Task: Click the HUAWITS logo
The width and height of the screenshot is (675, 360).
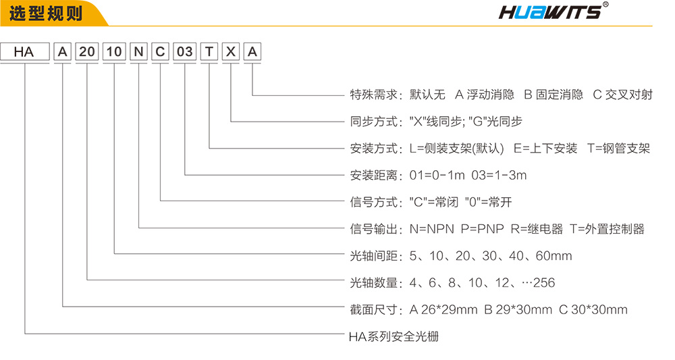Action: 553,11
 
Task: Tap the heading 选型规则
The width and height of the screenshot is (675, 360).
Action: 46,14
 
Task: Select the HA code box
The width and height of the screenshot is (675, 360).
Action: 24,52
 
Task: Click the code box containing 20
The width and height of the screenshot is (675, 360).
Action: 87,52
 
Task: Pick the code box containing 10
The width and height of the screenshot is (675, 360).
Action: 114,52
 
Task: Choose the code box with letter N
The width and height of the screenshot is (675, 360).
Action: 138,52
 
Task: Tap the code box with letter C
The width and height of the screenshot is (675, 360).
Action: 160,52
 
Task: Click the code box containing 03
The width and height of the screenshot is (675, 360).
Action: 185,52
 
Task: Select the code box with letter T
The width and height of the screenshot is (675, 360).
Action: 209,52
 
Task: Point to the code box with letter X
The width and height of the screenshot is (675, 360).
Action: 231,52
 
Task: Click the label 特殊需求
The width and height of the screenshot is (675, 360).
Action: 373,95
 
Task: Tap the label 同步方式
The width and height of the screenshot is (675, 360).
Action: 373,122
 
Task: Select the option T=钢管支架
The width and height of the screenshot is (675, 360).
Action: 618,149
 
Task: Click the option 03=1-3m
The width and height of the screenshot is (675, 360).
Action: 499,175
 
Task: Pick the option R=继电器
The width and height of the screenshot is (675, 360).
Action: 537,229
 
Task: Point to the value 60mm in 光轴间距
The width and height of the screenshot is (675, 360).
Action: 553,256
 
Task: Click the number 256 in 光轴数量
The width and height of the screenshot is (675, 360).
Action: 544,283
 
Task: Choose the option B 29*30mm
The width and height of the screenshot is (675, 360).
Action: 518,309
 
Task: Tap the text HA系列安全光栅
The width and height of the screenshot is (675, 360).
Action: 394,336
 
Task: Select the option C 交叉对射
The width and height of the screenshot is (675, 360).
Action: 622,95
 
